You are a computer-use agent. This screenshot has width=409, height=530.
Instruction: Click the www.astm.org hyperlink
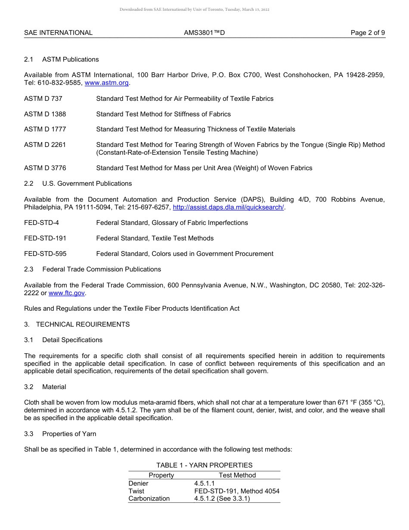tap(107, 83)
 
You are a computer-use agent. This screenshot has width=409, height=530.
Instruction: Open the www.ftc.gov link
tap(66, 293)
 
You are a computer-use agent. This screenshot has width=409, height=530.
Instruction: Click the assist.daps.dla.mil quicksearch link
tap(228, 207)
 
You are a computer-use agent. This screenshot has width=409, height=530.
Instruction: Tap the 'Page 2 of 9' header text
tap(368, 33)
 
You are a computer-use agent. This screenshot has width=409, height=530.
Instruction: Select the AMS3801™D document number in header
tap(204, 33)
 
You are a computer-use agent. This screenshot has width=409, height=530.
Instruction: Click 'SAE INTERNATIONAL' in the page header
tap(58, 33)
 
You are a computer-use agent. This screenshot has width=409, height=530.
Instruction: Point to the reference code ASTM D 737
tap(43, 99)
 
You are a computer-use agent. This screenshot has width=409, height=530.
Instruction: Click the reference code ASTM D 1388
tap(45, 114)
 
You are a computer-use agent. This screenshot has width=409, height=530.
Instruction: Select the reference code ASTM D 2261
tap(45, 145)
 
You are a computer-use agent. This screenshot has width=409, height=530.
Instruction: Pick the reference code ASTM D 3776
tap(45, 168)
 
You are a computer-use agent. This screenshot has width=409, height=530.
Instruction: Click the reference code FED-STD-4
tap(41, 223)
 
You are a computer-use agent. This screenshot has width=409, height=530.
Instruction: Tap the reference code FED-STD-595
tap(45, 254)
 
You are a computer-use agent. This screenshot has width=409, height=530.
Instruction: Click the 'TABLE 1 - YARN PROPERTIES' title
tap(204, 465)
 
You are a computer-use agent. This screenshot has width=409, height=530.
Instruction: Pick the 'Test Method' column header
tap(237, 475)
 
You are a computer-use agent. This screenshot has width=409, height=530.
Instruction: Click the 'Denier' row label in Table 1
tap(138, 483)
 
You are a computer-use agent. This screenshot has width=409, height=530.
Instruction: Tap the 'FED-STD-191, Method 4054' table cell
tap(237, 491)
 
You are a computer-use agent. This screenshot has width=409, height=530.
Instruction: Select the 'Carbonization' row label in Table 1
tap(149, 499)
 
